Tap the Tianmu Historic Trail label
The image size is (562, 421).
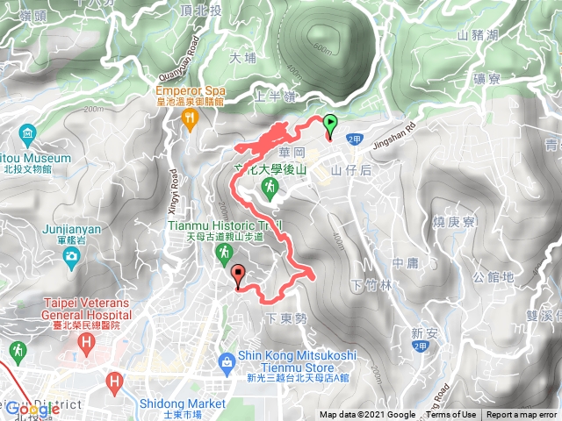(x=224, y=225)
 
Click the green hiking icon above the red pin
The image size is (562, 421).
(x=225, y=253)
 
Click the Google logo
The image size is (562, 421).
(x=33, y=409)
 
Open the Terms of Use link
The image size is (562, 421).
(x=452, y=415)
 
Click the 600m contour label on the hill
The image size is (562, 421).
(x=321, y=49)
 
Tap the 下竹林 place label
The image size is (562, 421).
(x=368, y=287)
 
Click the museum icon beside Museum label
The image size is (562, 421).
(x=27, y=134)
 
